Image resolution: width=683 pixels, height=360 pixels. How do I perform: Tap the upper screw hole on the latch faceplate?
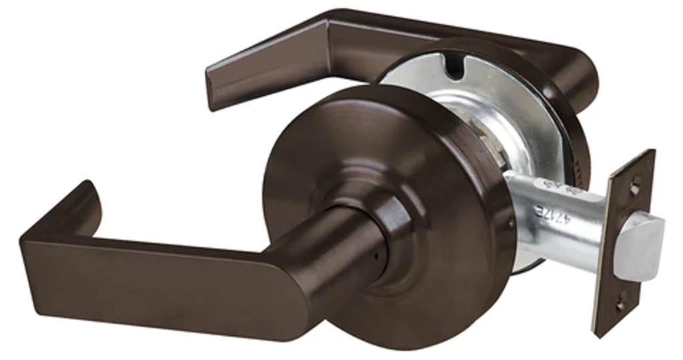coord(634,189)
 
